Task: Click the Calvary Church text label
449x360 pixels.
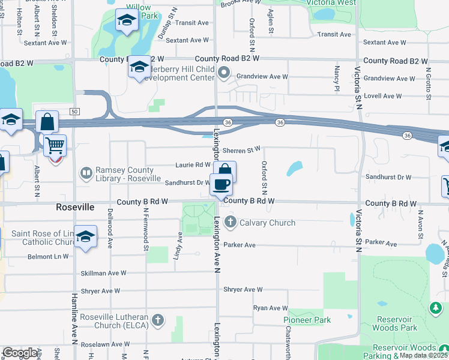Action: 267,223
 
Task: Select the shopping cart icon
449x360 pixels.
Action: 54,145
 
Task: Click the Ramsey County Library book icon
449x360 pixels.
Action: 85,173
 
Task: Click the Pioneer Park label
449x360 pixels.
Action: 307,320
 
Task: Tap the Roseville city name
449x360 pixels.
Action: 75,206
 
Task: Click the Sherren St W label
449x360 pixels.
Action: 242,149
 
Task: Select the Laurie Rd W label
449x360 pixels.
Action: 193,164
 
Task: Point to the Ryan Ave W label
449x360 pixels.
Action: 271,308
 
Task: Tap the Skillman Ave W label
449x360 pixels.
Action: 104,273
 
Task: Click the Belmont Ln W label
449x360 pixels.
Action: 49,256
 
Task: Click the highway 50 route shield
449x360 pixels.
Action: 74,112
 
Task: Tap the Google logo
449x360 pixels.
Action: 20,353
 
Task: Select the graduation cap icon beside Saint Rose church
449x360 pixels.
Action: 86,237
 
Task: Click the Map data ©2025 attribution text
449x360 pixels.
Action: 424,355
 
